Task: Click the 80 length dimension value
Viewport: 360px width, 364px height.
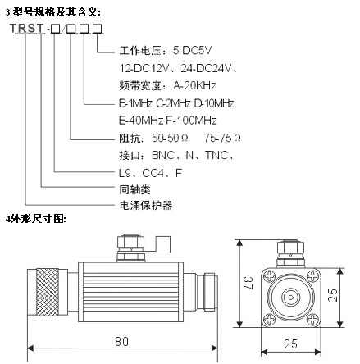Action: point(121,341)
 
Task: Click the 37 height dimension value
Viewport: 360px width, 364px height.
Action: point(248,283)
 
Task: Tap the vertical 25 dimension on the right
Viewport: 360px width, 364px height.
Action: point(333,295)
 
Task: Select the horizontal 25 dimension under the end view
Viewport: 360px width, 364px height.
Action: point(290,344)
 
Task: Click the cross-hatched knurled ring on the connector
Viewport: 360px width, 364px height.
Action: point(48,292)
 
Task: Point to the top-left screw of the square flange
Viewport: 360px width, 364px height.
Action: point(269,275)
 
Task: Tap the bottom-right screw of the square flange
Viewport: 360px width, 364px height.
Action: point(312,319)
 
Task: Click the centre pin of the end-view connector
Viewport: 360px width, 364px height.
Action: point(291,298)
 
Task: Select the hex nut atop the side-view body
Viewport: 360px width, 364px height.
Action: point(130,242)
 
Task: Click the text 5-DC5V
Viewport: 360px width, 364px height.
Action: point(193,51)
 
